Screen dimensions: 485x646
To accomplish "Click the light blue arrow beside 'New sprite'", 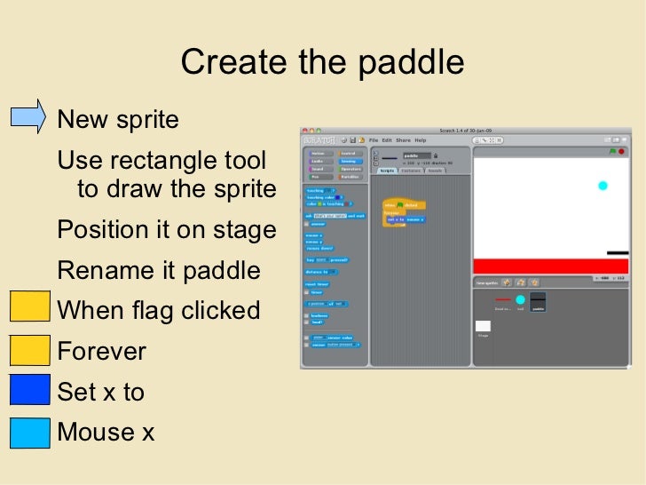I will pos(28,117).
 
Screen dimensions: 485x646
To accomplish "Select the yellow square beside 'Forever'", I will pos(28,351).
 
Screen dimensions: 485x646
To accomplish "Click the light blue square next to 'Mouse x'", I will pos(28,433).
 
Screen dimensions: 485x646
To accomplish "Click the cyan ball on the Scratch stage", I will pos(603,186).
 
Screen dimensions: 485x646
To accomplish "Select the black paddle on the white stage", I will pos(617,253).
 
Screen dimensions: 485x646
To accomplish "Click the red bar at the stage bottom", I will pos(549,266).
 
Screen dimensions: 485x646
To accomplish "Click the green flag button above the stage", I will pos(610,152).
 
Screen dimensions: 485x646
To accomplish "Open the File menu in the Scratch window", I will pos(374,140).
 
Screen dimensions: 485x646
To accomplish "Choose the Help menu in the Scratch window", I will pos(421,140).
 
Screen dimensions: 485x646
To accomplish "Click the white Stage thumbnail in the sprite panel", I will pos(484,327).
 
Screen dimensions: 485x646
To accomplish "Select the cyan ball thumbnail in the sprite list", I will pos(520,300).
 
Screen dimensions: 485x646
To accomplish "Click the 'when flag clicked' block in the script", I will pos(404,204).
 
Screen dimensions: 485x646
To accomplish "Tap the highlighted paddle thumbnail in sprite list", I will pos(538,302).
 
